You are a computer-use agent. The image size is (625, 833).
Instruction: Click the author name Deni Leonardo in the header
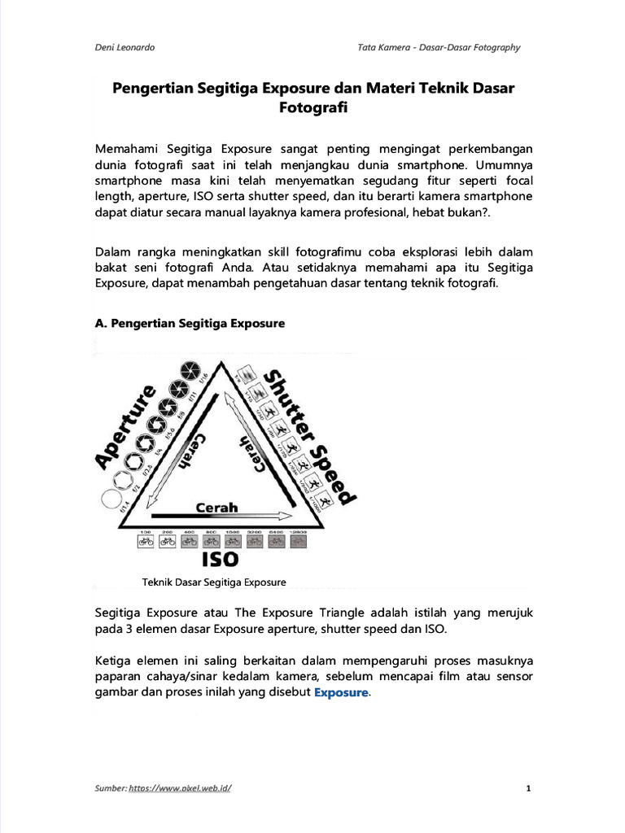pyautogui.click(x=125, y=47)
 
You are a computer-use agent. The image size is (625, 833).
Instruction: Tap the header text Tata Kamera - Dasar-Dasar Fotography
pyautogui.click(x=439, y=47)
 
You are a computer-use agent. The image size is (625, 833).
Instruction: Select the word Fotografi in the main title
pyautogui.click(x=312, y=108)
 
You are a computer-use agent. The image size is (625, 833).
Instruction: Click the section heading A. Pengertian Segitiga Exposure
pyautogui.click(x=190, y=323)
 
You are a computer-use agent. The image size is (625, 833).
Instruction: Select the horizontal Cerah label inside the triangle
pyautogui.click(x=216, y=507)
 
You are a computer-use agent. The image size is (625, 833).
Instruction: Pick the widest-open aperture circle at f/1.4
pyautogui.click(x=109, y=499)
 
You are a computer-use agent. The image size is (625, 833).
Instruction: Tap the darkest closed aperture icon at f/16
pyautogui.click(x=190, y=368)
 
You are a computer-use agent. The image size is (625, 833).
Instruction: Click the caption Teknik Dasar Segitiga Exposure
pyautogui.click(x=214, y=582)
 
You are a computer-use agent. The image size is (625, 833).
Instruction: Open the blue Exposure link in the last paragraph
pyautogui.click(x=341, y=693)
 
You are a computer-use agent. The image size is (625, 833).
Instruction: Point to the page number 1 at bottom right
pyautogui.click(x=528, y=788)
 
